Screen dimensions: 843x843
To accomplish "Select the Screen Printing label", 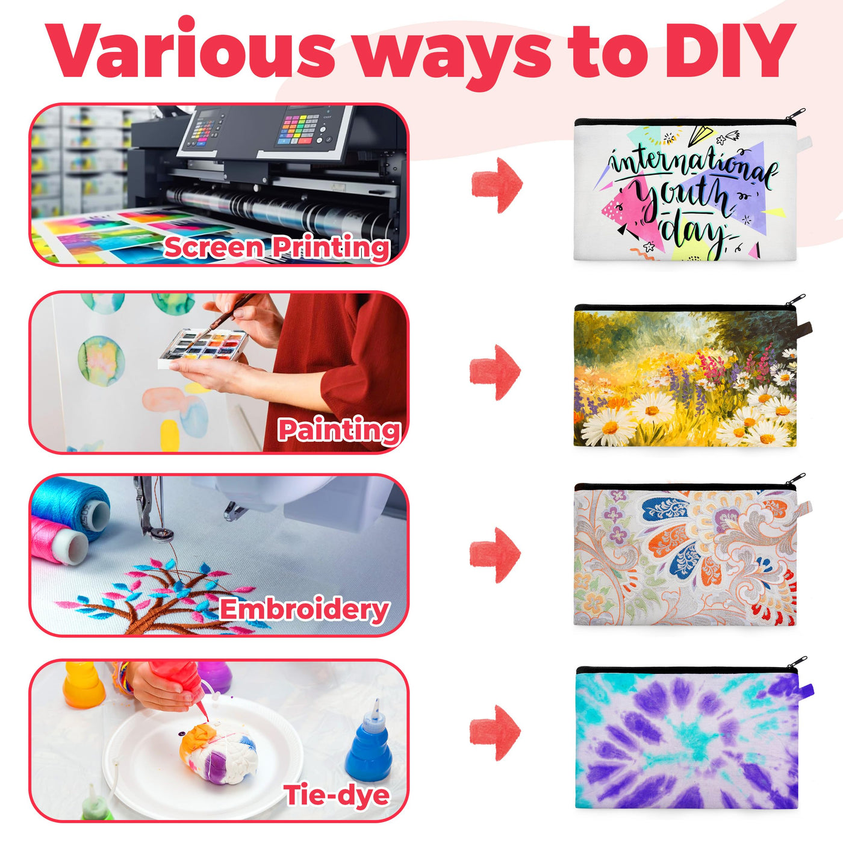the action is [x=276, y=247].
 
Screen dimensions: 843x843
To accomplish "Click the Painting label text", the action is [x=339, y=430].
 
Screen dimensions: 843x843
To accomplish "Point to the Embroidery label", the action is [x=304, y=609].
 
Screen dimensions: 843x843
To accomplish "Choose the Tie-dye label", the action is [x=337, y=795].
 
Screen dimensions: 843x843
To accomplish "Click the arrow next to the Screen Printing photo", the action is [x=497, y=185].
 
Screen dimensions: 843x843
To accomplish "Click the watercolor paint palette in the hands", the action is [x=202, y=349].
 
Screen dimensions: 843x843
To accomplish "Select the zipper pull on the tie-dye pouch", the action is [x=797, y=661].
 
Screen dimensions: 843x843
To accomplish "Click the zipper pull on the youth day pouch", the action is [x=795, y=115].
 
